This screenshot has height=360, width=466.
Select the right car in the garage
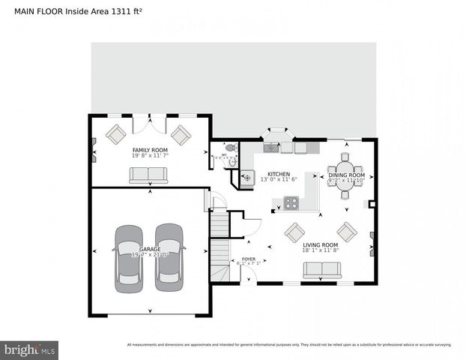pos(169,257)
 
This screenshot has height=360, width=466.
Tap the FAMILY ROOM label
pos(150,151)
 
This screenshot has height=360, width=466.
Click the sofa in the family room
pos(149,175)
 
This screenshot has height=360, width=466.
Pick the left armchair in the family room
pos(116,134)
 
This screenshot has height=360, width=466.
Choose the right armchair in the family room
pos(181,134)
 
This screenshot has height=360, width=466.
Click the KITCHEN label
pos(279,173)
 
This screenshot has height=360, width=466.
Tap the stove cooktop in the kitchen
pos(290,202)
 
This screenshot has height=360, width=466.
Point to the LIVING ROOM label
pos(320,245)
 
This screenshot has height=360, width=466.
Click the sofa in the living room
pos(321,270)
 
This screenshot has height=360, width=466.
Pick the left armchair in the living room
pos(294,232)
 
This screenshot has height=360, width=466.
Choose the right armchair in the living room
pos(346,230)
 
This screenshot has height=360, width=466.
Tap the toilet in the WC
pos(229,148)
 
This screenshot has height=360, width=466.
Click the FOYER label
pos(248,258)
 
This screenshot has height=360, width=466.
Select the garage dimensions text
pos(150,255)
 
